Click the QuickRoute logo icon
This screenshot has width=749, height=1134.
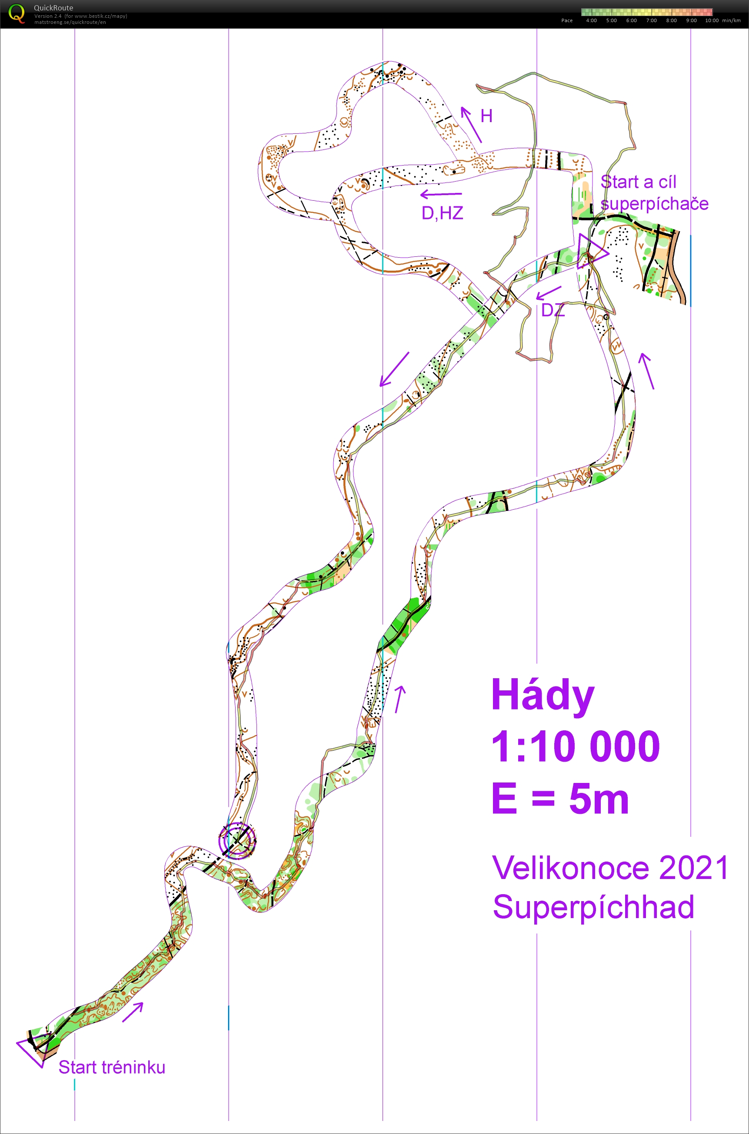point(16,13)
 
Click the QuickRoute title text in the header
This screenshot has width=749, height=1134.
point(53,8)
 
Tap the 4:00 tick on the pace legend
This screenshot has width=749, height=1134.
point(591,20)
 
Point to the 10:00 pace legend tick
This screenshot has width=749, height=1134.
point(711,20)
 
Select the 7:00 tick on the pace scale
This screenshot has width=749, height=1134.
point(652,20)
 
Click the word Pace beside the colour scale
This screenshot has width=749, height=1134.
point(566,20)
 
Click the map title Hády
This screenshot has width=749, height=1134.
point(543,696)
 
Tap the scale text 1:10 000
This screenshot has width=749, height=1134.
point(575,746)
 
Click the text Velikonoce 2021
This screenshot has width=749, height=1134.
point(609,868)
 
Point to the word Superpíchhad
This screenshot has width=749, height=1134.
point(593,907)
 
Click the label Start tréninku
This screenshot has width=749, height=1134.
point(112,1067)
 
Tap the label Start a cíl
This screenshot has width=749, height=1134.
point(638,182)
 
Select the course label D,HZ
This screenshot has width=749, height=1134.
point(443,213)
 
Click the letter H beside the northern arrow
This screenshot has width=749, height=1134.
point(486,116)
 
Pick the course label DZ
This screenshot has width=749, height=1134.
point(553,310)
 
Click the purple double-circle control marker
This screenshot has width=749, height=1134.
point(237,840)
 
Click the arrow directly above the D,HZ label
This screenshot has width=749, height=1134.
point(441,194)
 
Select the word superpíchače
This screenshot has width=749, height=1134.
point(654,204)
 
